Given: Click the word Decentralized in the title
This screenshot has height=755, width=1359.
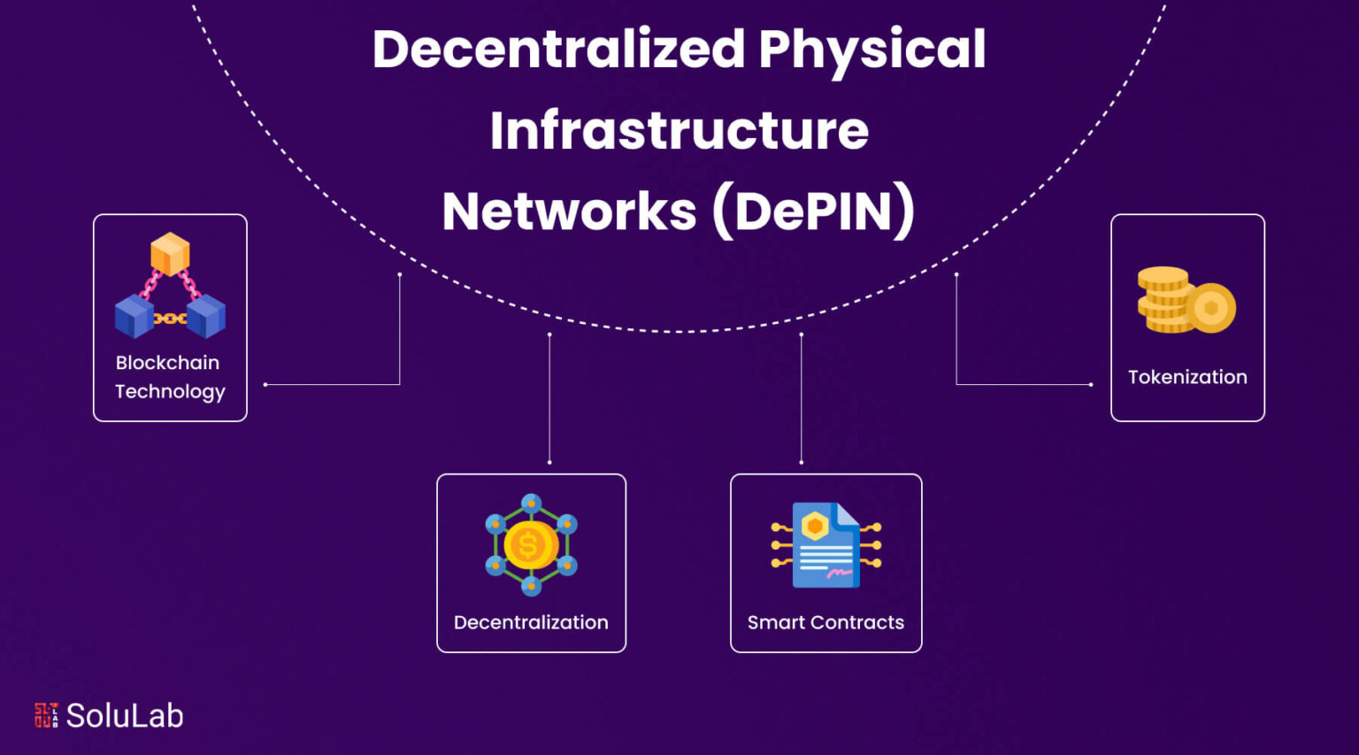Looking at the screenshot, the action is coord(559,49).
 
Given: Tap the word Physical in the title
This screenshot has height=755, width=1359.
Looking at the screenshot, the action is coord(871,52).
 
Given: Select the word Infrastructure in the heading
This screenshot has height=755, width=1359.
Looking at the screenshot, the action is coord(679,130).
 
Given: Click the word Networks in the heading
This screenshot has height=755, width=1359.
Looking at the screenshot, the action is coord(569,212).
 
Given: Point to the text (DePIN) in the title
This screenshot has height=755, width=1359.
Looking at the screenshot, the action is coord(814,212).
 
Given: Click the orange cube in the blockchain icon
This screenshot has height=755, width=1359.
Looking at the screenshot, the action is coord(170,254).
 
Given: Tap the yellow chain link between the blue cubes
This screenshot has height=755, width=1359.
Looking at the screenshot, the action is coord(170,319).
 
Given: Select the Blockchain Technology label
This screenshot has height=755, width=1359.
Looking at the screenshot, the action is coord(170,377).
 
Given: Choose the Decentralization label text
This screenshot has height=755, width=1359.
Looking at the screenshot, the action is coord(531,622).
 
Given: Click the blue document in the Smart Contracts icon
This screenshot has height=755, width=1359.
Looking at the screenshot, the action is coord(825,545).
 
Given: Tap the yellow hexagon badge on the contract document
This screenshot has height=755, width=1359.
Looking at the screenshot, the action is coord(815,526).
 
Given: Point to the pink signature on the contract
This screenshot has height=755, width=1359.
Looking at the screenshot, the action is coord(839,573).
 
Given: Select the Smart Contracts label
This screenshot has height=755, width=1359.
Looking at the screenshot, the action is coord(825,622).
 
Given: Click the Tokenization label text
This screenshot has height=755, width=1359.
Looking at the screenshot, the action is coord(1187,377).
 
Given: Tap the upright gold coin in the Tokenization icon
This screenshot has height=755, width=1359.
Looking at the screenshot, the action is coord(1211,308).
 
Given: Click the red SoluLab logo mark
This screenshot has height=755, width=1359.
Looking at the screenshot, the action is coord(47,715).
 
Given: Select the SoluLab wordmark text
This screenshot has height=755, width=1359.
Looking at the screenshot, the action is coord(125,715).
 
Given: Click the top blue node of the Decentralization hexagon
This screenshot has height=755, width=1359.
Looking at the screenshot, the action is coord(532,503).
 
